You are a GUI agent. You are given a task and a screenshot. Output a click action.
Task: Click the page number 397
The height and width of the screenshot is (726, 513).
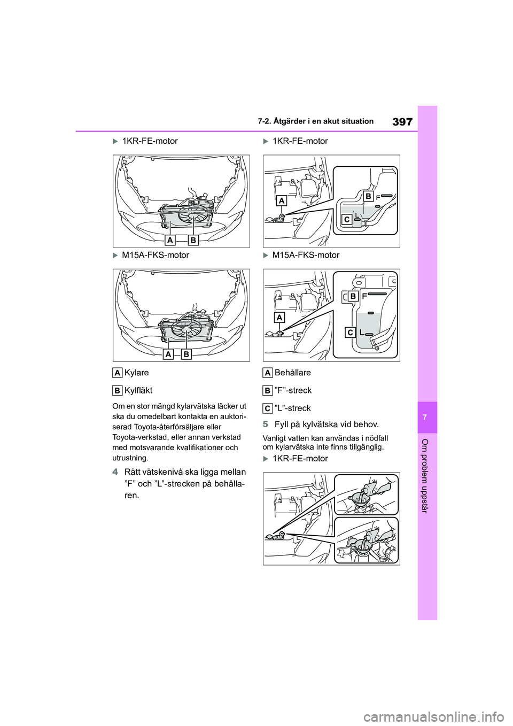402,122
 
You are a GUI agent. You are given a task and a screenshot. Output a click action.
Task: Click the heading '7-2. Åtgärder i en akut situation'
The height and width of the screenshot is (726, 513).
322,121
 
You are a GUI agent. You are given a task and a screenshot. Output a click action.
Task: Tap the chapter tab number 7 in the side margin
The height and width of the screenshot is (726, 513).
427,417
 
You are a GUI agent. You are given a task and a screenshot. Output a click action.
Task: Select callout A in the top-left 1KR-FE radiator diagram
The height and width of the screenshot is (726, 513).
171,240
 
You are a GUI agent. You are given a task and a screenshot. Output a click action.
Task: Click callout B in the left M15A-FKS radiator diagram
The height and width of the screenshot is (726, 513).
186,354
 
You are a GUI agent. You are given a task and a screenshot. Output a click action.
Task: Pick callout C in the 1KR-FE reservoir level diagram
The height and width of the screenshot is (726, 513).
347,219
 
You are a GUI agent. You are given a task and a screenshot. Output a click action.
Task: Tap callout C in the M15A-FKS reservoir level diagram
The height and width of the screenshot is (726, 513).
350,333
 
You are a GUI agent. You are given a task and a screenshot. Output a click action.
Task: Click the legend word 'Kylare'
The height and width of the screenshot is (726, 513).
136,373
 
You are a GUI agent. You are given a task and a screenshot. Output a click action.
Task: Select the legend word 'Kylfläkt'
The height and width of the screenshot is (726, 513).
138,390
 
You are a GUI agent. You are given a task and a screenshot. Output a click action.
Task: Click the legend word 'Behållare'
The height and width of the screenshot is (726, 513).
292,373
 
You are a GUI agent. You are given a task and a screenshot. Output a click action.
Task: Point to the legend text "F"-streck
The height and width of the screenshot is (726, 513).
293,390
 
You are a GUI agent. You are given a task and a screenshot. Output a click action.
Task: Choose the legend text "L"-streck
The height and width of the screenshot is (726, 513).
292,408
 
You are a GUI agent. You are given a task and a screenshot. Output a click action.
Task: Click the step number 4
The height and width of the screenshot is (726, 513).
115,472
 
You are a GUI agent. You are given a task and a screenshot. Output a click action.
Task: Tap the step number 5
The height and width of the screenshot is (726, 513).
266,424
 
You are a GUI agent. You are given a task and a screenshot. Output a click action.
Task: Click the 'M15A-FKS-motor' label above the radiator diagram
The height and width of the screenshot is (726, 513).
155,255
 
